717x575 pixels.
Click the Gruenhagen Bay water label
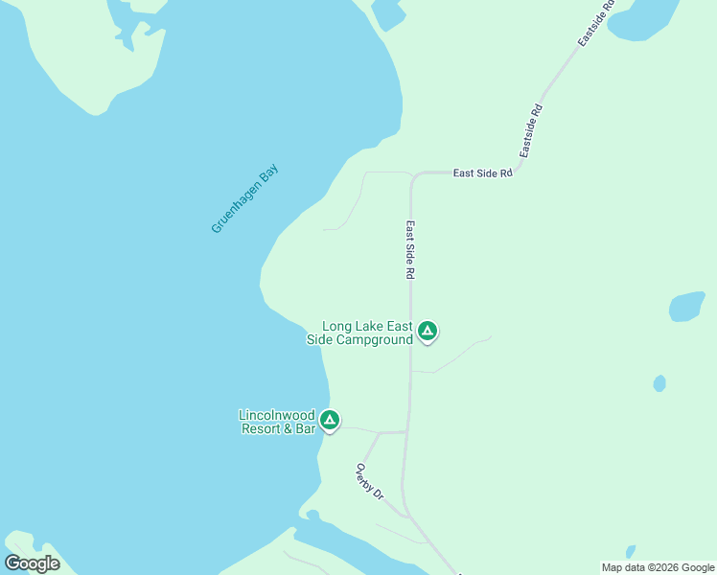tap(244, 198)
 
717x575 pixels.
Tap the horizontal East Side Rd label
tap(483, 173)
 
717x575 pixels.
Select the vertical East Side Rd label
tap(409, 250)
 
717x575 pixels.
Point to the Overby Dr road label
tap(369, 482)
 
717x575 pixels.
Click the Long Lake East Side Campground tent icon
tap(428, 333)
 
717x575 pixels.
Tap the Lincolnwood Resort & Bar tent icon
tap(329, 420)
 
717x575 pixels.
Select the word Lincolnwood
tap(276, 415)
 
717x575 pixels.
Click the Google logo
tap(32, 563)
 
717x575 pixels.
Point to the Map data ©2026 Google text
tap(657, 567)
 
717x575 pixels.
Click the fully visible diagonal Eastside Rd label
tap(531, 131)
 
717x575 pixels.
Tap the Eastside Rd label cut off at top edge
tap(595, 24)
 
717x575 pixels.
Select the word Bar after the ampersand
tap(304, 428)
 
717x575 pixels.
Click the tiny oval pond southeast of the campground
tap(659, 383)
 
